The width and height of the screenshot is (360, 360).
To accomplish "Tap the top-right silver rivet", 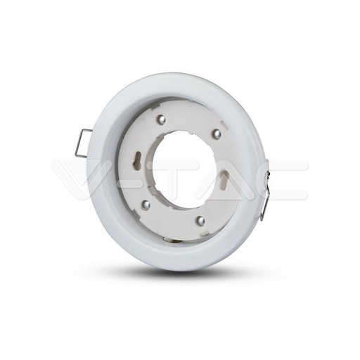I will pos(217,132).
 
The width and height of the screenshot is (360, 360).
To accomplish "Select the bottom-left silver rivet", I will pos(146,204).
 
